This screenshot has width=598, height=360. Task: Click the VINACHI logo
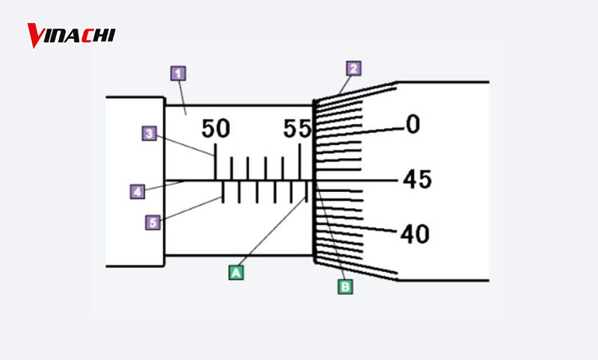pos(71,34)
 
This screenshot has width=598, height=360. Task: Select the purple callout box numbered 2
pos(354,68)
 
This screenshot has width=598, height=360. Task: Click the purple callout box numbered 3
pos(149,134)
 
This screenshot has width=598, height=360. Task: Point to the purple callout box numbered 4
pos(137,192)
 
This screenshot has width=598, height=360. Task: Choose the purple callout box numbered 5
pos(153,222)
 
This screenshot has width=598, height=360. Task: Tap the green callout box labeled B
pos(345,285)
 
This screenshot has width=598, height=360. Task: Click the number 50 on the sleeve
pos(216,128)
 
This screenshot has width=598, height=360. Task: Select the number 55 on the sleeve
pos(298,128)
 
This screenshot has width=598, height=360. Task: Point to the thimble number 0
pos(413,125)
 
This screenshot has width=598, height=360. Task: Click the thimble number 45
pos(416,180)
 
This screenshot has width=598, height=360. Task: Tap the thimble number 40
pos(415,235)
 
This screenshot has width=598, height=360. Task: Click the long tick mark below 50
pos(216,161)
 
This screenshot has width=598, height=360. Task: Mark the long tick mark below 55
pos(299,161)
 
